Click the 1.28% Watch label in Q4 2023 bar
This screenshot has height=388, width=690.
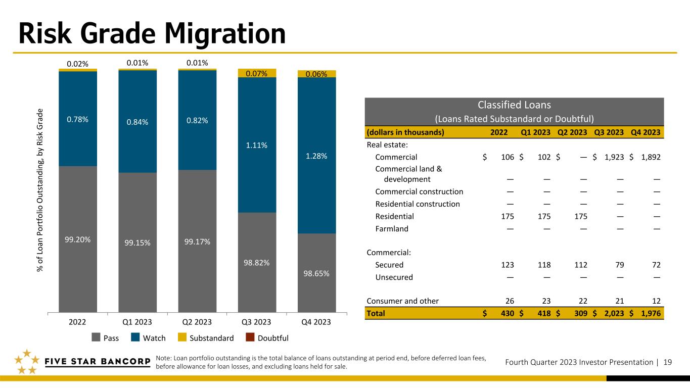[x=316, y=156]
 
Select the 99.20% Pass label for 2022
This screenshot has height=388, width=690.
[x=78, y=239]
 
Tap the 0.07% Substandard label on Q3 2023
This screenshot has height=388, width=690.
[x=257, y=74]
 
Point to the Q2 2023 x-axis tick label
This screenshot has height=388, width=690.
[x=197, y=322]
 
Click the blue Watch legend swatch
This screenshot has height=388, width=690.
[x=135, y=337]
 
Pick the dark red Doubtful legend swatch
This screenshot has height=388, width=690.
[x=250, y=337]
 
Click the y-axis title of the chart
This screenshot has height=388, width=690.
[x=40, y=190]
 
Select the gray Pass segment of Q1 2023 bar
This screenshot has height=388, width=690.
[x=137, y=243]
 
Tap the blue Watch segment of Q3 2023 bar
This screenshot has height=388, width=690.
[x=257, y=144]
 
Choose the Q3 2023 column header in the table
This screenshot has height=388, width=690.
[x=609, y=132]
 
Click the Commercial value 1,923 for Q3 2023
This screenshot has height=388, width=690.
[x=614, y=157]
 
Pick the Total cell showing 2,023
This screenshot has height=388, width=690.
[x=614, y=313]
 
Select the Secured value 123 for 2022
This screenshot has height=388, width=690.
[x=508, y=265]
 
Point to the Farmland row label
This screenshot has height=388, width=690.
[x=392, y=229]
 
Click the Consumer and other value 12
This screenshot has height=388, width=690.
[x=657, y=301]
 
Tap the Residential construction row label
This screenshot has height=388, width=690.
[x=418, y=204]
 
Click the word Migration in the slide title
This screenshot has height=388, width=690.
[x=225, y=34]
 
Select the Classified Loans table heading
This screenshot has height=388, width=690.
[x=514, y=105]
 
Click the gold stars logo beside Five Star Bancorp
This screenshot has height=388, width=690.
[x=27, y=362]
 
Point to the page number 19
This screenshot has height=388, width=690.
[x=668, y=362]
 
